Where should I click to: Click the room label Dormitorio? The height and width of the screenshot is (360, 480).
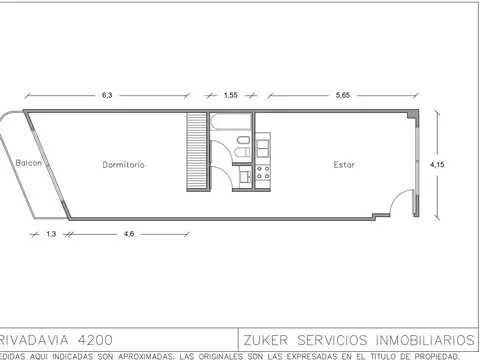[124, 164]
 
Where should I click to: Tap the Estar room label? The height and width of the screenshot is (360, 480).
[345, 164]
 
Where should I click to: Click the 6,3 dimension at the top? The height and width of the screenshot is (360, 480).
[107, 94]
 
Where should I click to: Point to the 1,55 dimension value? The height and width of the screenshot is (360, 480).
[231, 94]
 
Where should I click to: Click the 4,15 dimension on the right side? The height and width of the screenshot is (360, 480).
[436, 161]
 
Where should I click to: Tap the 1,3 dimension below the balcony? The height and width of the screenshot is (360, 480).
[50, 234]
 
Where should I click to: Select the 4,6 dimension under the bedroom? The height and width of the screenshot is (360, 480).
[128, 234]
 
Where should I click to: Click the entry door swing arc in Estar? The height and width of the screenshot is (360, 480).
[401, 204]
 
